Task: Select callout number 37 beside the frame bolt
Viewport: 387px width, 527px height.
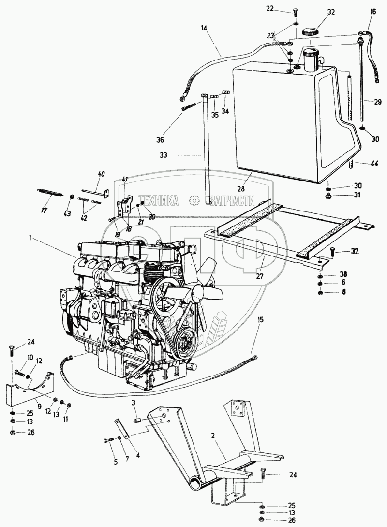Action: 355,251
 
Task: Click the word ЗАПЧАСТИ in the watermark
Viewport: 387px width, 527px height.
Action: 231,199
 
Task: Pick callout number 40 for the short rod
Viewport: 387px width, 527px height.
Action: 101,174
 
